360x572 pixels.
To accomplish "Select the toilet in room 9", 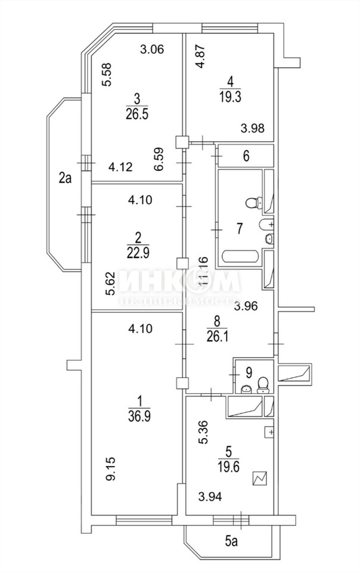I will [262, 384].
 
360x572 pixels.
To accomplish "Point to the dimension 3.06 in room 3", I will [151, 49].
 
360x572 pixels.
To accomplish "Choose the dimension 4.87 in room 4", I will [200, 56].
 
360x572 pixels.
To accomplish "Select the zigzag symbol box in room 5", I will [260, 478].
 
